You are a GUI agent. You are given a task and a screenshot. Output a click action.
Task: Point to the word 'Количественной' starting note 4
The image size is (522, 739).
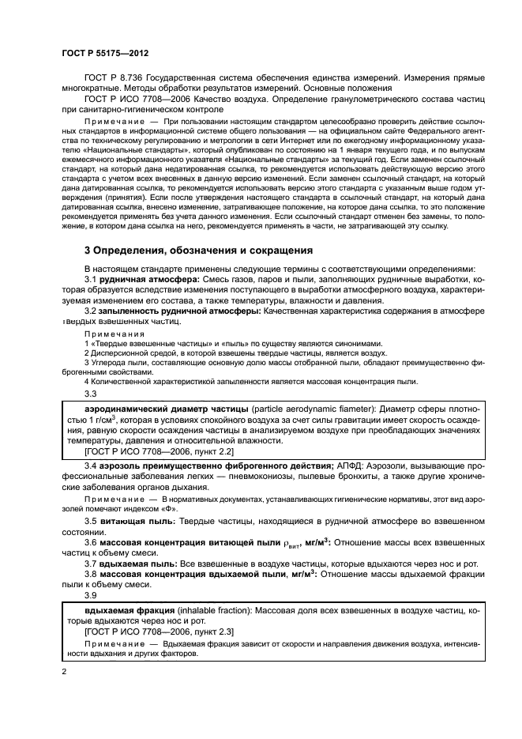click(x=116, y=381)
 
